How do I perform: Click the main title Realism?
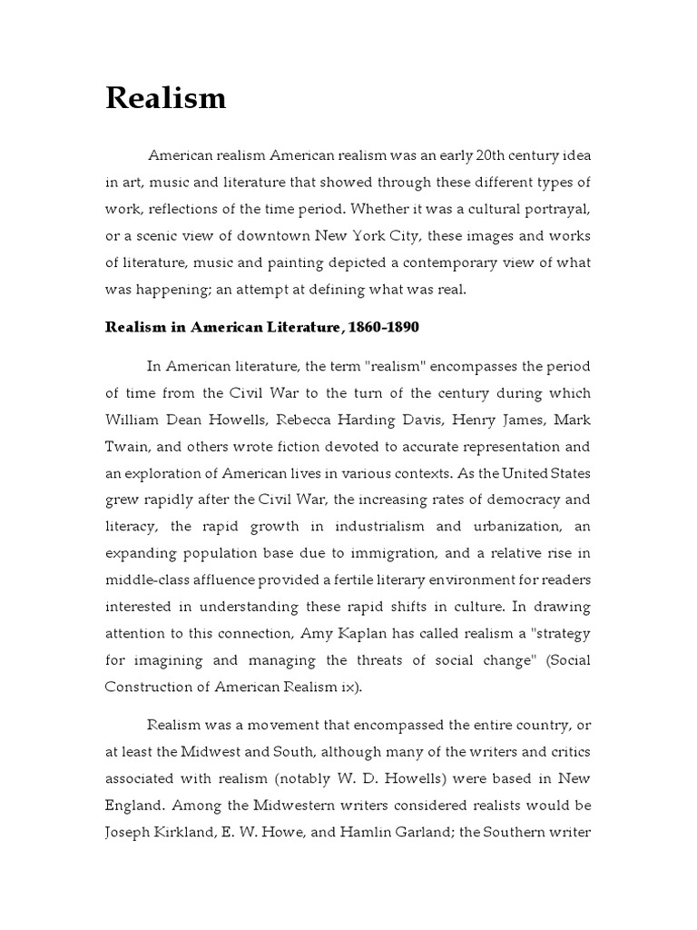tap(165, 97)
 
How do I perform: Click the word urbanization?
tap(512, 526)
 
